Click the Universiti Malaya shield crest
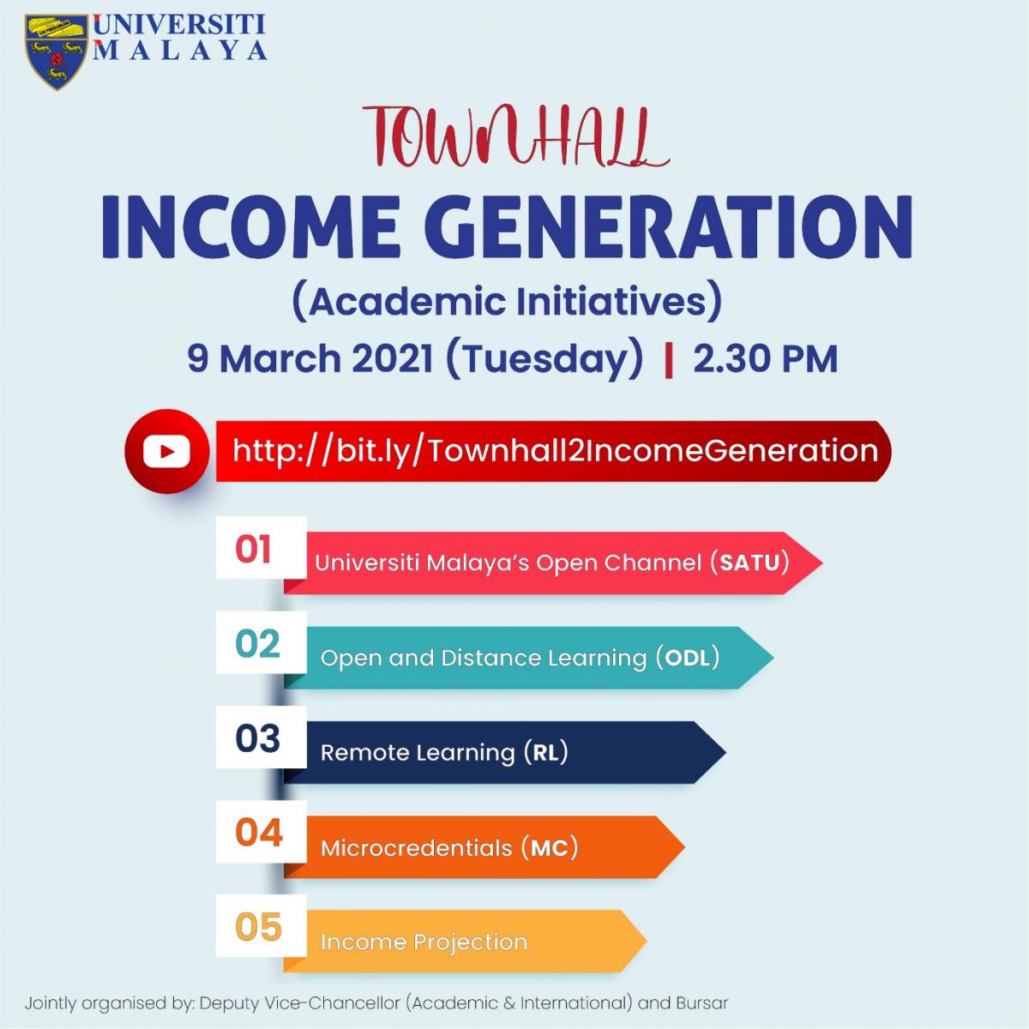[x=57, y=51]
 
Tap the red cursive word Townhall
[x=514, y=136]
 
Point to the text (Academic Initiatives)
[x=508, y=302]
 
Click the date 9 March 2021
[x=310, y=358]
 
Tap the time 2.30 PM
[x=765, y=358]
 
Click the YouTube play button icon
[x=166, y=451]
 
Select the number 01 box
[x=262, y=547]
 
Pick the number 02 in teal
[x=257, y=643]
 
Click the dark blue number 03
[x=257, y=738]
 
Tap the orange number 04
[x=258, y=833]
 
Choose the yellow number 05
[x=258, y=928]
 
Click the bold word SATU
[x=749, y=563]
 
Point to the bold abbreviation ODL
[x=689, y=658]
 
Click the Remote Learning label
[x=418, y=753]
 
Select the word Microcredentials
[x=417, y=848]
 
